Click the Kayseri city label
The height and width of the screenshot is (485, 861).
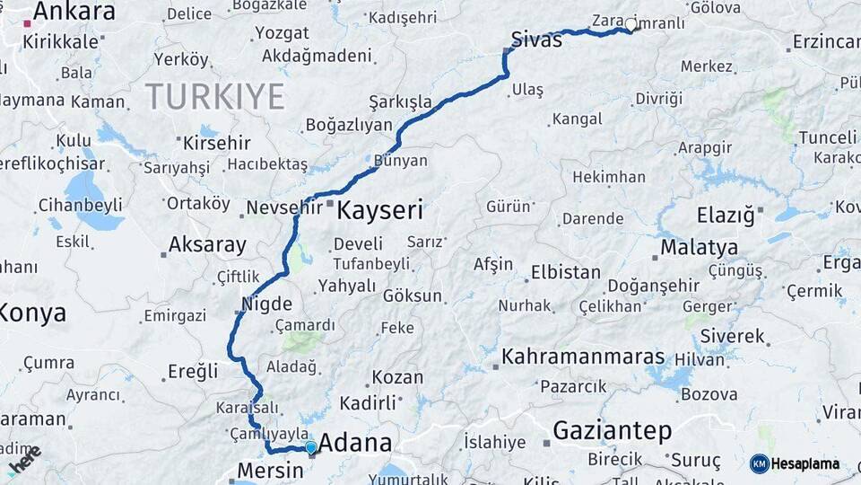tap(379, 211)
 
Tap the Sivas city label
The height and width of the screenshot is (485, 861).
tap(536, 40)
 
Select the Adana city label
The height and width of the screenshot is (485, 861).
tap(355, 443)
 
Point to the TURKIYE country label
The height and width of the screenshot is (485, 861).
tap(214, 95)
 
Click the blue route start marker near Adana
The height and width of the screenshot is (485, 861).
tap(310, 447)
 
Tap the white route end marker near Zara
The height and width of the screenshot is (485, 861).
tap(631, 26)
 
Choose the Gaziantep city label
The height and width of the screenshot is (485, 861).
tap(612, 431)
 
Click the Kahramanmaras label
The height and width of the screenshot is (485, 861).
tap(583, 357)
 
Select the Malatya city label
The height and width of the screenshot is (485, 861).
tap(699, 247)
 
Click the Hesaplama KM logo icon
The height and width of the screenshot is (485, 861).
tap(760, 463)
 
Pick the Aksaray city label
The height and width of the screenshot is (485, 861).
tap(207, 244)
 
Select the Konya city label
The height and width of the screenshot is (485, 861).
tap(32, 313)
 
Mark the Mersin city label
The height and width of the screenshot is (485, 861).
tap(269, 471)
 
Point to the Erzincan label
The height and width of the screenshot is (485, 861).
tap(826, 42)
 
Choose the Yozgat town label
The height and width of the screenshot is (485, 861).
tap(282, 33)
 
